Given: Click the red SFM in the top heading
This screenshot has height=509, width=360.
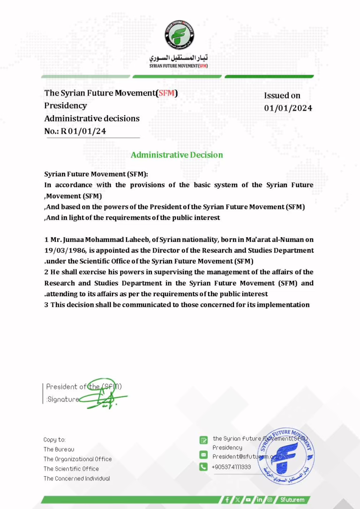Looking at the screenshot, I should [167, 93].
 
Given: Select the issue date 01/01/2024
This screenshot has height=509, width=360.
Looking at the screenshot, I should [288, 108].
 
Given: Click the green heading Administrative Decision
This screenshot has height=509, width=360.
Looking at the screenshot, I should [177, 155].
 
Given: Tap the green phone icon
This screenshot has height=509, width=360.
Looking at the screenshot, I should [203, 466].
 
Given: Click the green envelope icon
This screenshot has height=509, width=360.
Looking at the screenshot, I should [203, 455].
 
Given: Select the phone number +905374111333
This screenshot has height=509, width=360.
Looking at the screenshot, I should [232, 467].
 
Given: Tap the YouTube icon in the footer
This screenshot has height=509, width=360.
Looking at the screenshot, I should [248, 500].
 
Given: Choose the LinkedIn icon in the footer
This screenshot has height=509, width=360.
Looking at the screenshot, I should [259, 500].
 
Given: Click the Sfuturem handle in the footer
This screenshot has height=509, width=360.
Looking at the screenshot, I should [292, 500].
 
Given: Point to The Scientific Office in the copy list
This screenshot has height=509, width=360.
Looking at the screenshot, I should [71, 469].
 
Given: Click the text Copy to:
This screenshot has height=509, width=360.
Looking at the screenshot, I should [54, 440].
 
